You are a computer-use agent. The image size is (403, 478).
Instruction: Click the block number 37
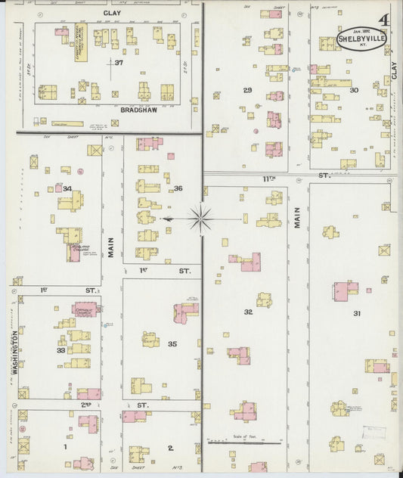point(119,62)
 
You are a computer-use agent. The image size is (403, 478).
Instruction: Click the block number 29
point(247,90)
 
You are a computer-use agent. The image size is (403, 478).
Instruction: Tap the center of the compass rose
point(201,219)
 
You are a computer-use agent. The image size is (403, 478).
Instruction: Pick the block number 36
point(178,188)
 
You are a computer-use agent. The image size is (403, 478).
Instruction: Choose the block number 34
point(67,188)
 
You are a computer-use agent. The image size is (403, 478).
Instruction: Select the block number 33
point(60,350)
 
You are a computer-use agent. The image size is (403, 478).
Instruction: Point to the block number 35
point(172,344)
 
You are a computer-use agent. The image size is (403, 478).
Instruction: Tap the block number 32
point(247,312)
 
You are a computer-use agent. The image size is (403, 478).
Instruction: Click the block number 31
point(357,313)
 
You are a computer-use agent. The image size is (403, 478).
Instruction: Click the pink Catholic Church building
point(87,309)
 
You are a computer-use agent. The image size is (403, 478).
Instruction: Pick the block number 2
point(171,448)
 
